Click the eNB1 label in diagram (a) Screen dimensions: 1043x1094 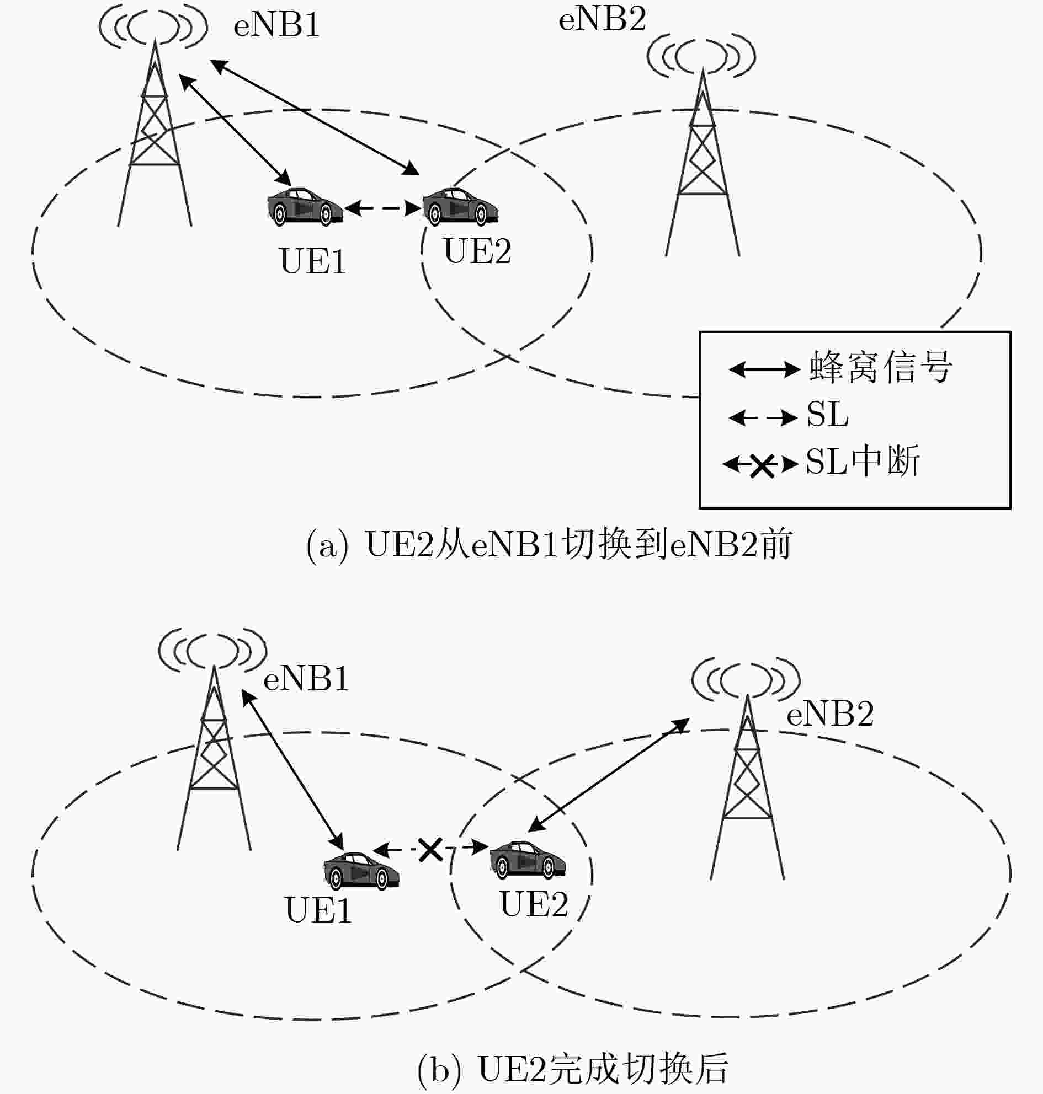pos(276,25)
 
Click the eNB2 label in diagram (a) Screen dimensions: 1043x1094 pos(602,20)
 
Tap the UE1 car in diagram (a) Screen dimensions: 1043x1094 pos(305,206)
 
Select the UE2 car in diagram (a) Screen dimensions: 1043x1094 pos(460,206)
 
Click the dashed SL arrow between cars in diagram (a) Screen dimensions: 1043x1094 pos(382,208)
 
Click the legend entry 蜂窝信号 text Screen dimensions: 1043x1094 pos(881,367)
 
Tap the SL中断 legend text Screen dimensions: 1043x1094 pos(863,460)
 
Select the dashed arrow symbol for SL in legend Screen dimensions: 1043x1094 pos(763,417)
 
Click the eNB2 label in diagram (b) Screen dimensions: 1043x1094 pos(829,714)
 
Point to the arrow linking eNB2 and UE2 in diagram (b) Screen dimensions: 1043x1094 pos(608,775)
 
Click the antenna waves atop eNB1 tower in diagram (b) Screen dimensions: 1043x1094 pos(212,649)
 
